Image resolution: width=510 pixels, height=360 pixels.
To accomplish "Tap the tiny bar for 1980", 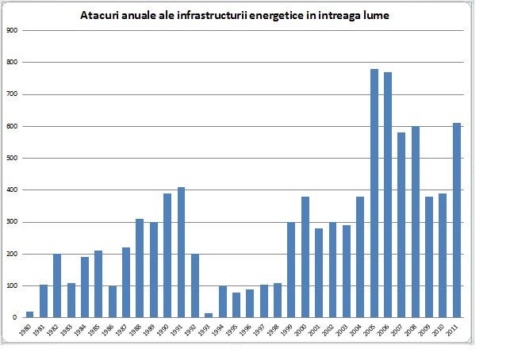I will pyautogui.click(x=29, y=315).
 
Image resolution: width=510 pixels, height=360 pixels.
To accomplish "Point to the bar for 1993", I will pyautogui.click(x=209, y=316).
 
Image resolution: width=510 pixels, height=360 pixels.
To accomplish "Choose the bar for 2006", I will pyautogui.click(x=388, y=195).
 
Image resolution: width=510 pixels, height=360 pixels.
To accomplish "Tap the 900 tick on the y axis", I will pyautogui.click(x=11, y=30).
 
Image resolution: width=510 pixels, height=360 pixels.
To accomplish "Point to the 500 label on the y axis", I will pyautogui.click(x=11, y=158).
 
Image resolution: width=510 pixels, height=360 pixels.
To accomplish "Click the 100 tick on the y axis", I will pyautogui.click(x=11, y=285).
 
